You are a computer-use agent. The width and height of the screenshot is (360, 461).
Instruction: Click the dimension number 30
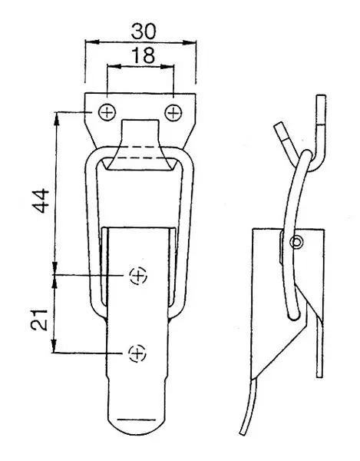144,32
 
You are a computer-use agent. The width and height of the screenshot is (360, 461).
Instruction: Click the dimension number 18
144,55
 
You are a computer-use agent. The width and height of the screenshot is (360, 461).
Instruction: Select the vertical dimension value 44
40,201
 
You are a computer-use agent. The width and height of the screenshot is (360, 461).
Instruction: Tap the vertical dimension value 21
39,320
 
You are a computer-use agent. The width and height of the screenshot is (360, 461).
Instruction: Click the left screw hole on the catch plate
107,113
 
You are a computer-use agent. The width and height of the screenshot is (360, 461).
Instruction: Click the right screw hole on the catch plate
173,113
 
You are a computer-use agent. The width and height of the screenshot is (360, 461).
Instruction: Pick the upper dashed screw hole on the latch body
138,276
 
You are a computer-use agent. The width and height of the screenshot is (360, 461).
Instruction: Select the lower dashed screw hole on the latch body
137,353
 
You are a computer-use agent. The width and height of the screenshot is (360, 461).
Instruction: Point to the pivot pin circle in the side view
296,242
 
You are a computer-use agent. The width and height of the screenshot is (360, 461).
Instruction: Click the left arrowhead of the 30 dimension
92,42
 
